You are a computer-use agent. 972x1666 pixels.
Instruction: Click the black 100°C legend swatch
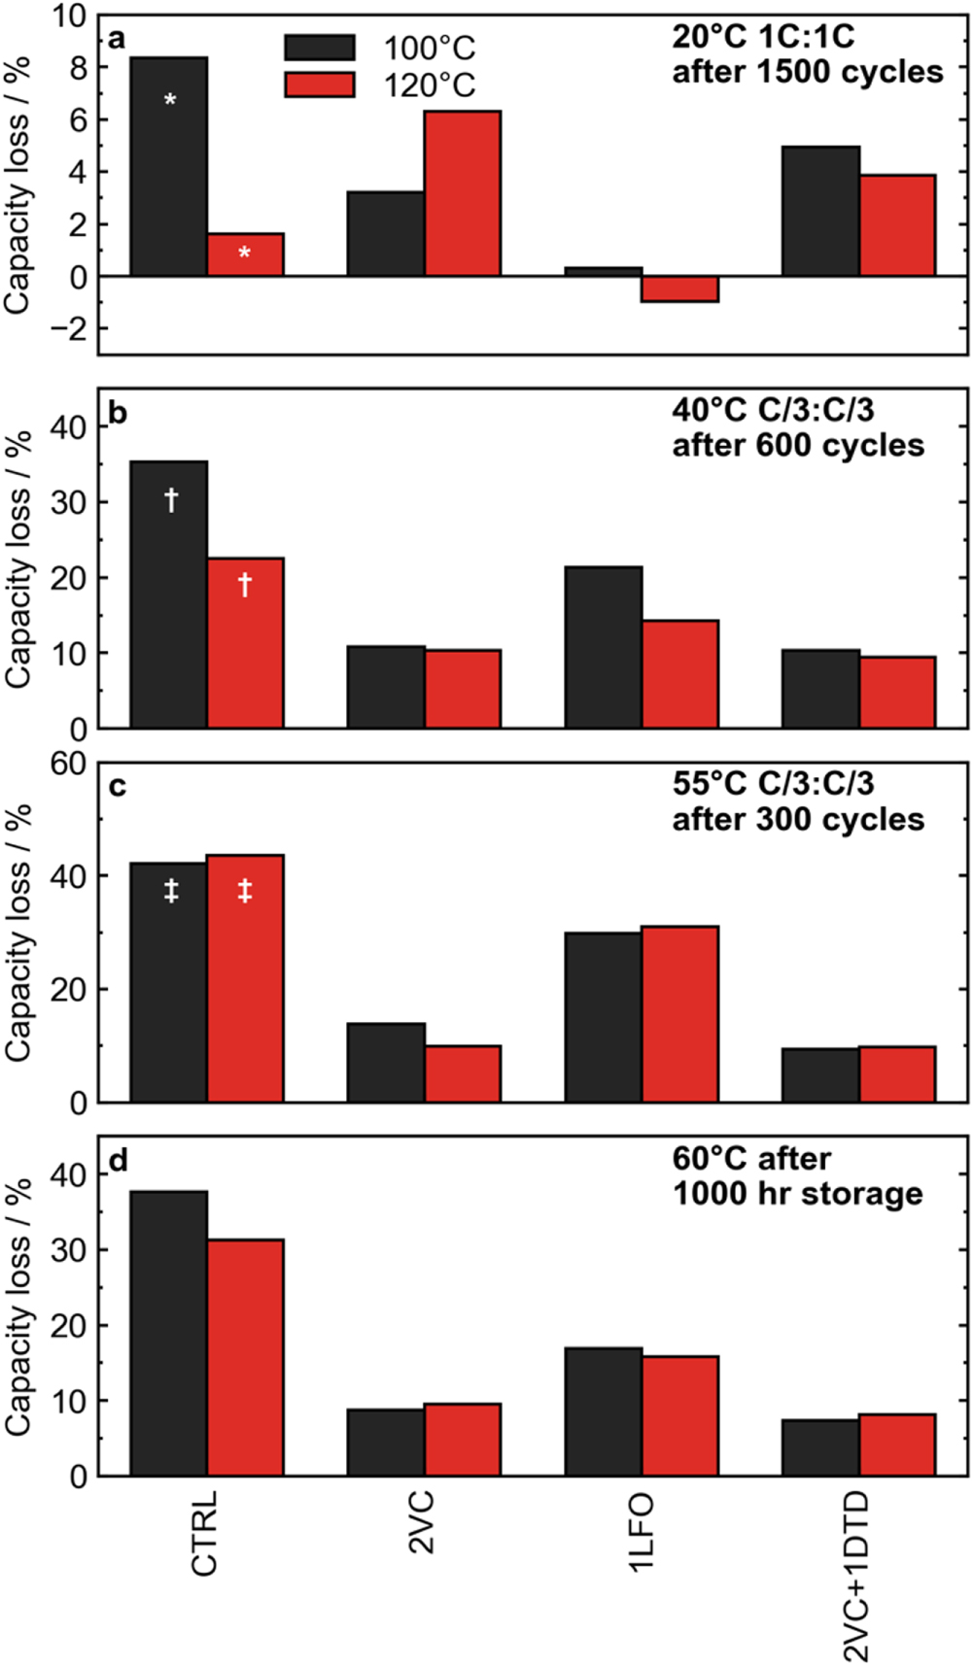(319, 48)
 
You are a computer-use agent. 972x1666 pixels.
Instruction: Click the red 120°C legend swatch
(319, 85)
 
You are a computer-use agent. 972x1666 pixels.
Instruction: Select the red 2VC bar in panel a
(463, 193)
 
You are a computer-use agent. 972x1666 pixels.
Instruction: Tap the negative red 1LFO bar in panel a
(679, 289)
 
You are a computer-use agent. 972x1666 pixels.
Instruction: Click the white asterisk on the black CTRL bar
(170, 100)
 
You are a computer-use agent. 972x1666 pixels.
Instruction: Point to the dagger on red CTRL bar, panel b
(245, 584)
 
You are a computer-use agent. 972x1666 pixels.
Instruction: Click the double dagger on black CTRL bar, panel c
(171, 891)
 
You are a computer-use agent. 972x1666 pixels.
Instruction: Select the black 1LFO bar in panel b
(604, 647)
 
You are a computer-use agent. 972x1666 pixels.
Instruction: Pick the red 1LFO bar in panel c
(679, 1014)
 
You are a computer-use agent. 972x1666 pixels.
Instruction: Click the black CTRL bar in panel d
(169, 1333)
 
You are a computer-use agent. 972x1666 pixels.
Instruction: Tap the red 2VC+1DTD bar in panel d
(897, 1445)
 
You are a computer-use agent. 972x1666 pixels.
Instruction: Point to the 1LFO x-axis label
(640, 1534)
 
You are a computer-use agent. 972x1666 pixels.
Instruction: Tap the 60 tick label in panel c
(68, 765)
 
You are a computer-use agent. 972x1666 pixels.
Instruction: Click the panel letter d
(118, 1161)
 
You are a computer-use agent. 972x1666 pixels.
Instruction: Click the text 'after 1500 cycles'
(807, 72)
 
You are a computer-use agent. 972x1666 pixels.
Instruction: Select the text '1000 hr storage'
(797, 1193)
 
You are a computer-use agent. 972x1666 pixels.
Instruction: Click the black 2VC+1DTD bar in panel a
(821, 211)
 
